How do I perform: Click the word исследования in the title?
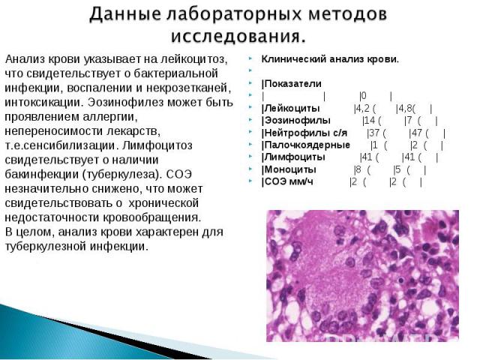(238, 37)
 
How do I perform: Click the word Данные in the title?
(125, 14)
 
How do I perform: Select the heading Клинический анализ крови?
(330, 59)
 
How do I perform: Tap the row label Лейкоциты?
(292, 108)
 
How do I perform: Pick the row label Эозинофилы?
(297, 121)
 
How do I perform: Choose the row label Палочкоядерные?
(307, 145)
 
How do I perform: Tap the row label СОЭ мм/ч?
(289, 181)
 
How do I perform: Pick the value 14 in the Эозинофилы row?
(370, 121)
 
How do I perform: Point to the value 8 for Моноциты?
(358, 169)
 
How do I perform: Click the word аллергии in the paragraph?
(109, 117)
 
